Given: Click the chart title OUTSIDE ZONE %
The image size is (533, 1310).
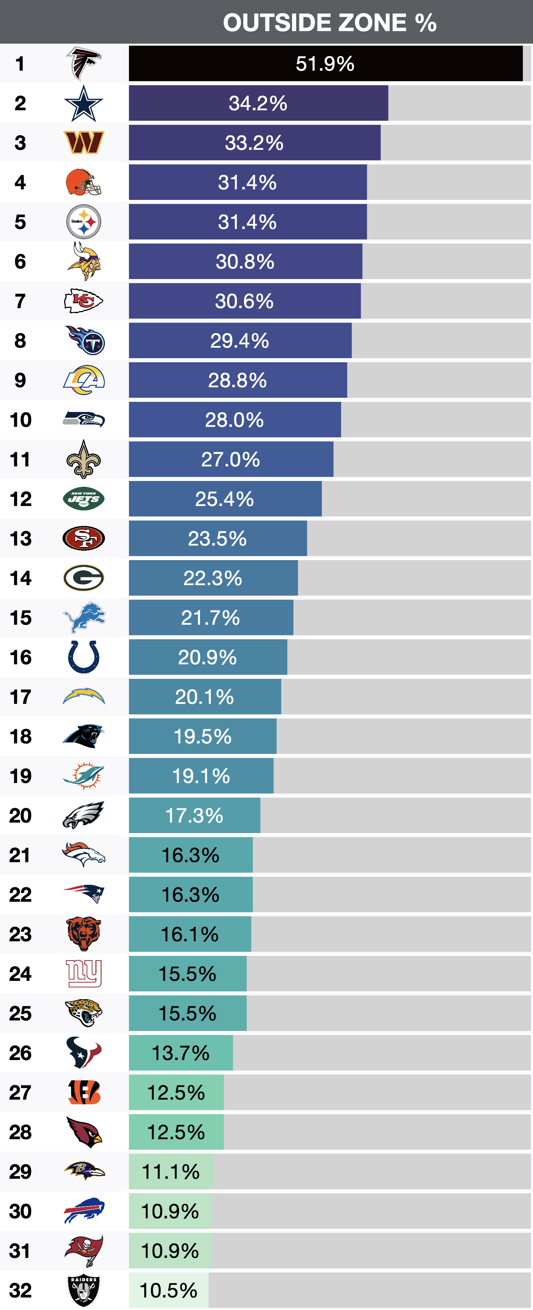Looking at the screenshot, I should coord(330,22).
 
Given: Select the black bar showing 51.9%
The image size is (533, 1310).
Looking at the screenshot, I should coord(326,64).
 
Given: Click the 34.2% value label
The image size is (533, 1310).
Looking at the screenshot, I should coord(258,103).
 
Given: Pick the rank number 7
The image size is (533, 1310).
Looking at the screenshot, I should coord(20,301).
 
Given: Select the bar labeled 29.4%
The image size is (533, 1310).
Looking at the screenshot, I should coord(240,341).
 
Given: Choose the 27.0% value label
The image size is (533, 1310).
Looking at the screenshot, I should coord(230,459).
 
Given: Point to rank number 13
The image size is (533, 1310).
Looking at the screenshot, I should coord(20,538).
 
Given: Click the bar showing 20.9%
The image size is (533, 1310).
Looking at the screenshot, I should coord(207,657).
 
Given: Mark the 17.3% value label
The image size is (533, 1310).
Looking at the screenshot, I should coord(194,816).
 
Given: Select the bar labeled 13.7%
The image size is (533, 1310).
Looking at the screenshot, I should coord(181,1053).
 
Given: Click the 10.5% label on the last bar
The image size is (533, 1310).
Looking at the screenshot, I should coord(168,1290).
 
